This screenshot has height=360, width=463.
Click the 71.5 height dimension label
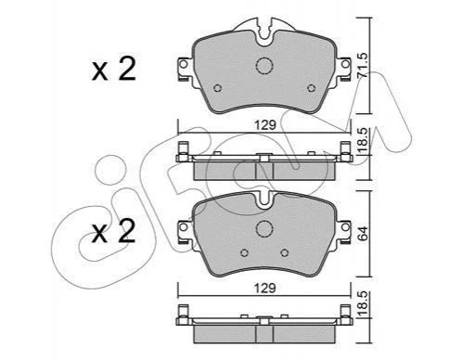point(363,65)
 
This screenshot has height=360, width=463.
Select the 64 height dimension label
point(363,233)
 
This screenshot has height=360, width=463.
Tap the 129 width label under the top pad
point(264,125)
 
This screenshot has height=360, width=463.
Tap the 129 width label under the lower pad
point(264,289)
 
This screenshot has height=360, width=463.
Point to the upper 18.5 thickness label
point(363,140)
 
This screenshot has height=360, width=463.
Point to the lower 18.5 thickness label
point(363,303)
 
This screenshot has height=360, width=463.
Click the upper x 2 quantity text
point(114,70)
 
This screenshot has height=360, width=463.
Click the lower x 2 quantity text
point(114,231)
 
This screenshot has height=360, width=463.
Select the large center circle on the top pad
point(264,66)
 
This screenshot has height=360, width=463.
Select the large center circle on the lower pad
point(264,228)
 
